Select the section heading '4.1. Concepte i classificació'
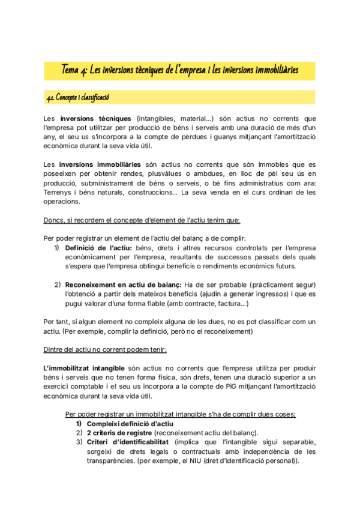coord(78,97)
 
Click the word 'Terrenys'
coord(59,193)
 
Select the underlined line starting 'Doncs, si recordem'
coord(142,220)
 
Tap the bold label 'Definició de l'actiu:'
coord(98,248)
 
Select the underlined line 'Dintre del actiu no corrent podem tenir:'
coord(106,349)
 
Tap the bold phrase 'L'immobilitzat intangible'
coord(85,367)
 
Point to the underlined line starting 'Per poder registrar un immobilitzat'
coord(180,414)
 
